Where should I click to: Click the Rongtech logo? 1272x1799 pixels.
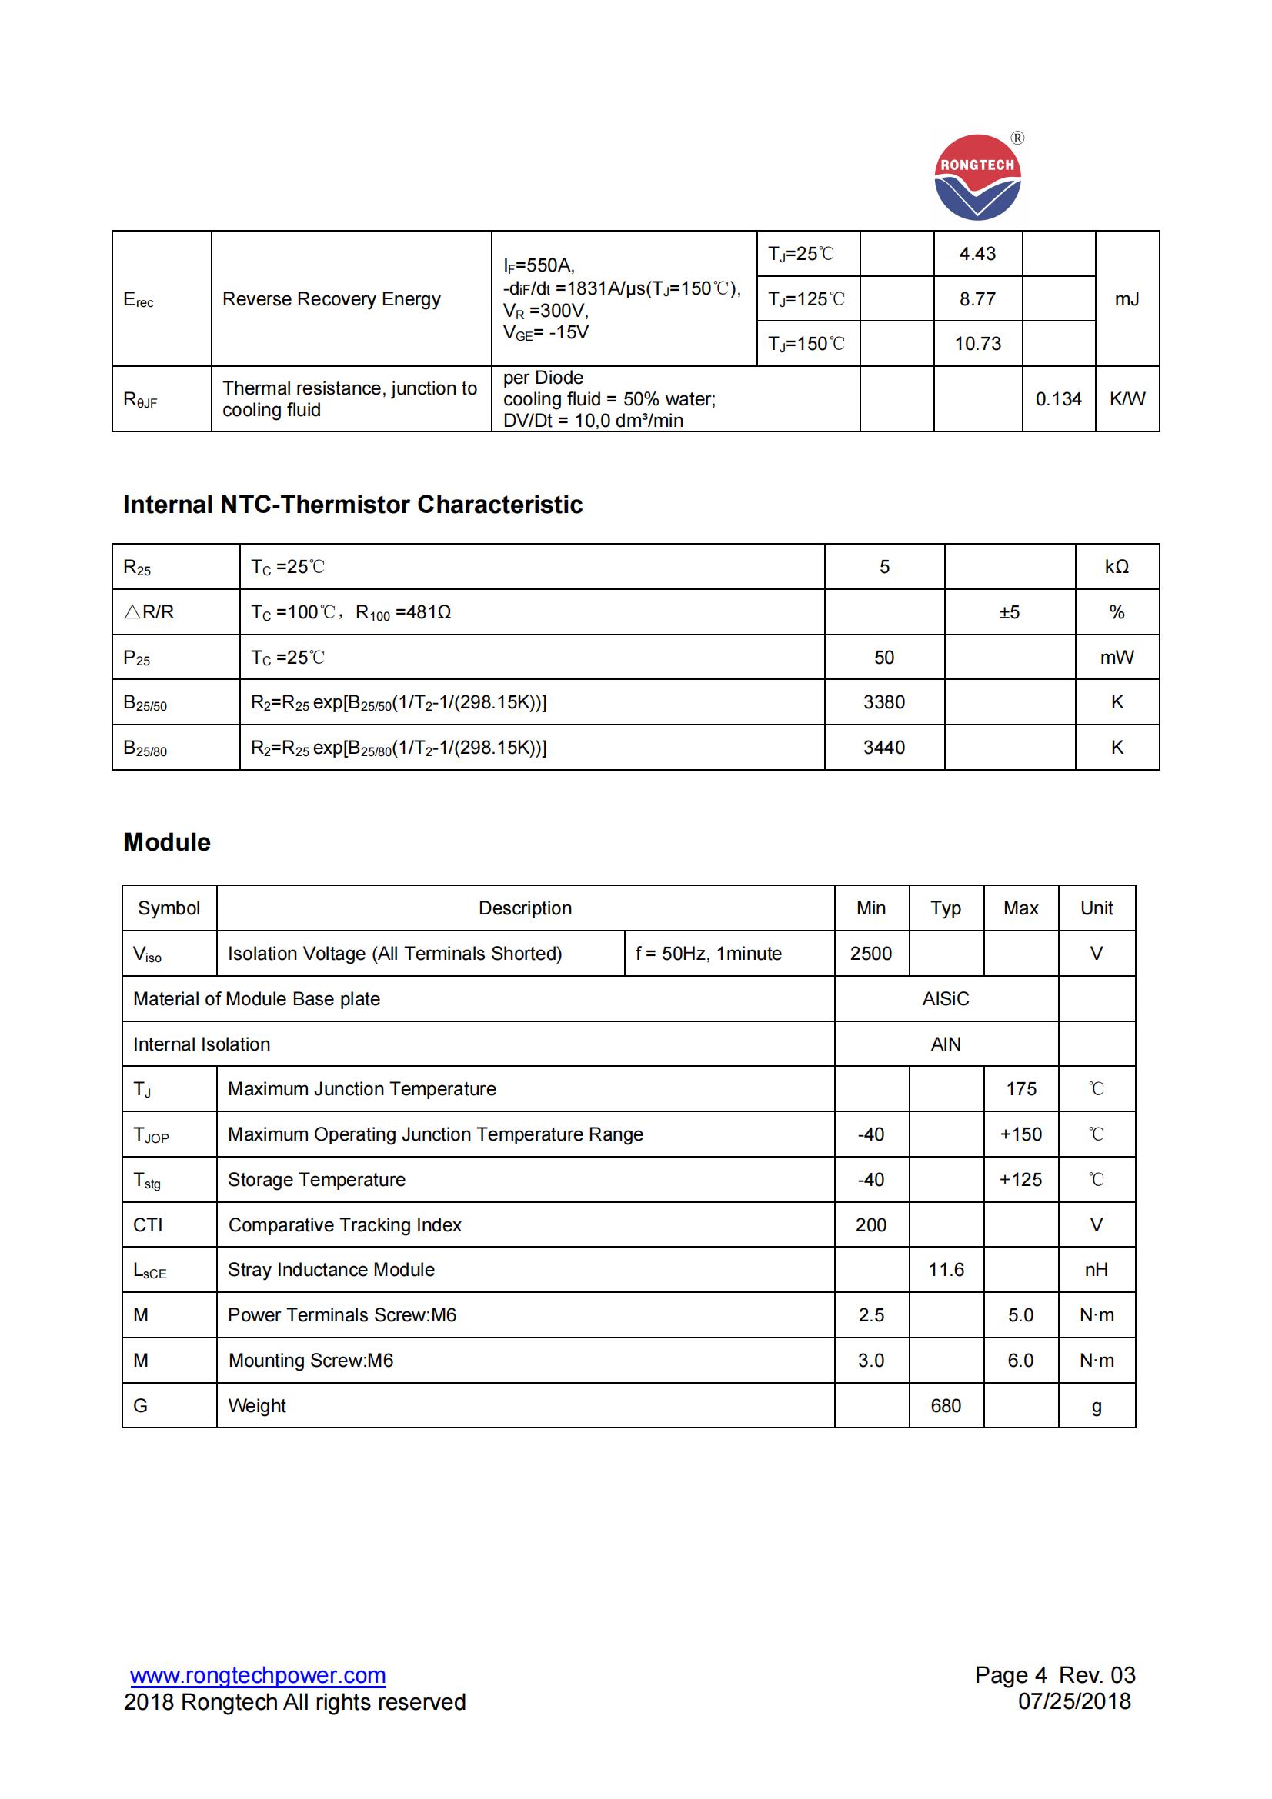(x=977, y=177)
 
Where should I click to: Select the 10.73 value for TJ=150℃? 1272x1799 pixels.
(x=977, y=343)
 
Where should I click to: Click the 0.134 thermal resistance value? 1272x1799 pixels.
(x=1058, y=399)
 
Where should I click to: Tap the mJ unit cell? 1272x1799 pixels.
(x=1127, y=298)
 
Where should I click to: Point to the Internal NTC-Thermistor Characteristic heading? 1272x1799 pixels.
(x=352, y=505)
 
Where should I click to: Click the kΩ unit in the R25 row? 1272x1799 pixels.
(x=1116, y=567)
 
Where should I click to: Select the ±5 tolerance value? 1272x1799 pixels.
(x=1010, y=612)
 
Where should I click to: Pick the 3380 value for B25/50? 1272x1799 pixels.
(x=884, y=702)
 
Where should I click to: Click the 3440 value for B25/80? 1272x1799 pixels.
(x=884, y=748)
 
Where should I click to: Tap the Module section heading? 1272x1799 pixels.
(x=167, y=842)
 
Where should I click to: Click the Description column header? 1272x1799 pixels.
(x=525, y=908)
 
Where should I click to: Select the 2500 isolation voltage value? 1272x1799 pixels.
(x=871, y=954)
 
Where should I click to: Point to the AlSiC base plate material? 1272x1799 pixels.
(x=945, y=999)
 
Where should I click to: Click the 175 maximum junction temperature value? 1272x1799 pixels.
(x=1020, y=1089)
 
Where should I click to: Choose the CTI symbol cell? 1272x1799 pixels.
(x=148, y=1224)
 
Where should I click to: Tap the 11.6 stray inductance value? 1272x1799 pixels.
(x=946, y=1269)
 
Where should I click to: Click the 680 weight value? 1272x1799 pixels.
(x=946, y=1406)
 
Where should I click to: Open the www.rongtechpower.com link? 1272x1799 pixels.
(x=258, y=1675)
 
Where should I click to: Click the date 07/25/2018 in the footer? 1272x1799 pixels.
(x=1073, y=1701)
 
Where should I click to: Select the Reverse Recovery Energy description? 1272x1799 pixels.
(x=332, y=299)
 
